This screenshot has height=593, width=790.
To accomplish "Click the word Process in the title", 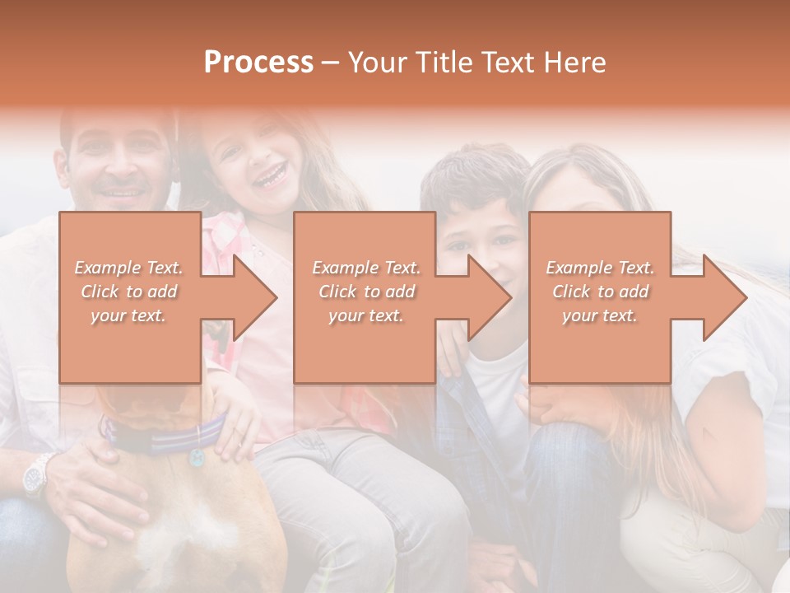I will pos(258,63).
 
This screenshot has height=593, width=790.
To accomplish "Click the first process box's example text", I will pos(129,292).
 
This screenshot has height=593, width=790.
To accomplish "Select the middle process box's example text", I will pos(366,292).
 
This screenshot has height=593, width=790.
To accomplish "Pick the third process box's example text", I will pos(600,292).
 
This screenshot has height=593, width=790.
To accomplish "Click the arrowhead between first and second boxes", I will pos(248,297).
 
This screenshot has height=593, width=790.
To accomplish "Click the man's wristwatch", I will pos(36,475).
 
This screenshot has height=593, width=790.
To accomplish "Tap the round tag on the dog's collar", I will pos(197,456).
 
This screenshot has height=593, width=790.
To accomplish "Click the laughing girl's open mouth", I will pos(269,175).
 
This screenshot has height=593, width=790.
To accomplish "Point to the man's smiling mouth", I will pos(121,195).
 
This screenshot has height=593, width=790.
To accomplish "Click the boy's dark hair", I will pos(473,173).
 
